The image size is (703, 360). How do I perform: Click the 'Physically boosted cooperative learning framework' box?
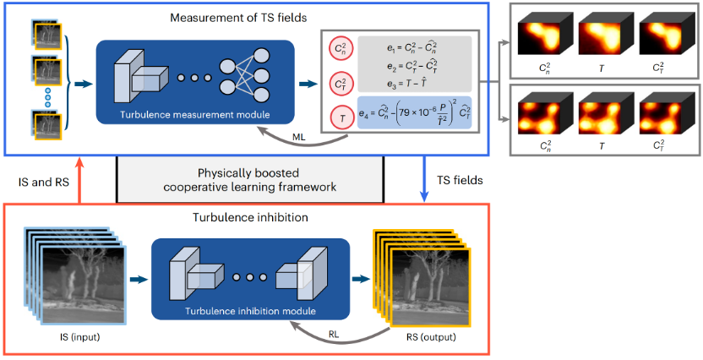pos(250,178)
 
